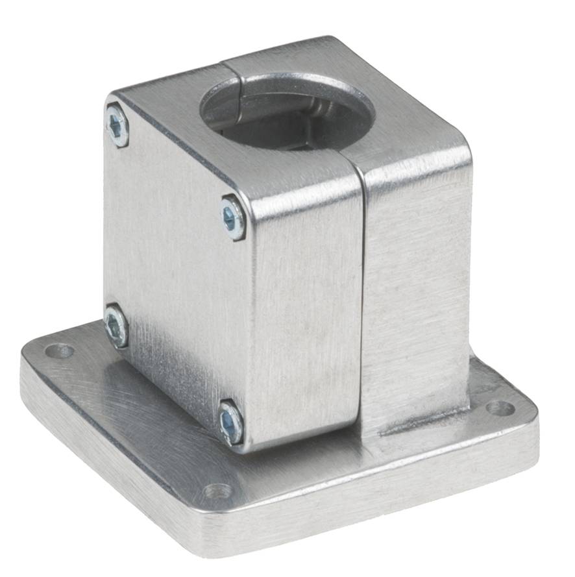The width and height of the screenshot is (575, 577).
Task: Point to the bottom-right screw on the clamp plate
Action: (x=230, y=423)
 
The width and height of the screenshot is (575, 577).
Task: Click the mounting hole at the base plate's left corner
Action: (x=59, y=352)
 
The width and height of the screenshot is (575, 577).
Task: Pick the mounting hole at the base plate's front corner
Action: (x=218, y=491)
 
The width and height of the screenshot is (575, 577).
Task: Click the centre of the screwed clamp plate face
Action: (x=175, y=273)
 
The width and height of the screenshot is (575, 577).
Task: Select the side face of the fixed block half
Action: (x=415, y=292)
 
